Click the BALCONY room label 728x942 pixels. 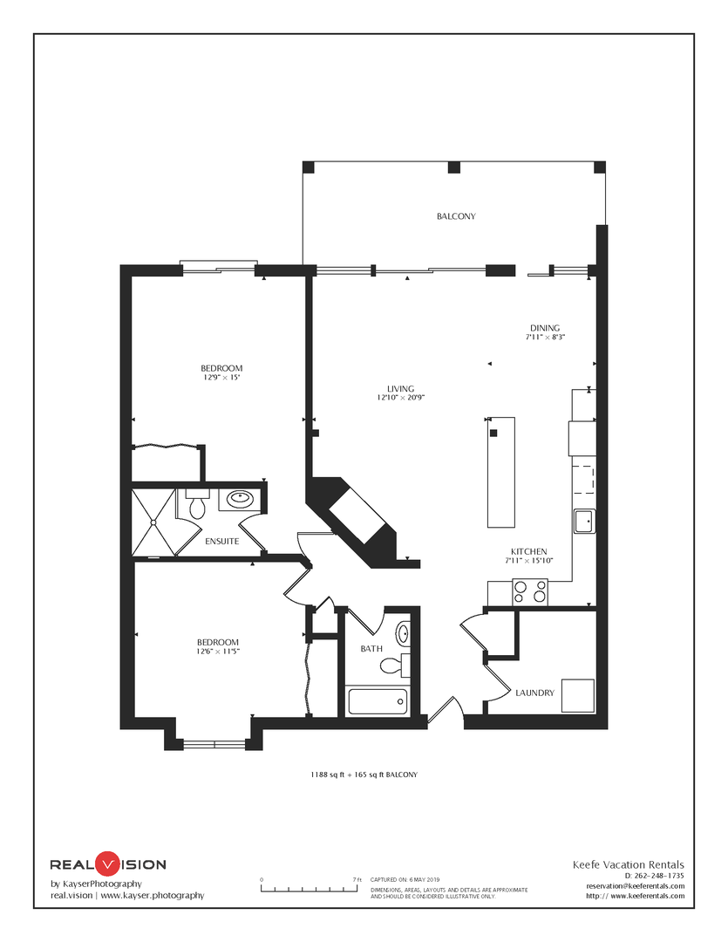point(456,216)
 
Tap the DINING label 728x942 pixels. point(545,328)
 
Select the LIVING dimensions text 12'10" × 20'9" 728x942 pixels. point(401,398)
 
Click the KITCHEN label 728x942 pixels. point(528,551)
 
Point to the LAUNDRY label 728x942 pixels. point(534,693)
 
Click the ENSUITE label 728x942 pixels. point(221,542)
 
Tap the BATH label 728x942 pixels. point(371,649)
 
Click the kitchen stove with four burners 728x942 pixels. point(530,592)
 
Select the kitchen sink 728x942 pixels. point(584,521)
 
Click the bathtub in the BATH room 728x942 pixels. point(378,701)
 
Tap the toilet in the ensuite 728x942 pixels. point(196,505)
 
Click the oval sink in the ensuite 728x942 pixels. point(241,498)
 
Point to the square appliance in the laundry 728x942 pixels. point(578,696)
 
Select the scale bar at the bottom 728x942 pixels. point(310,887)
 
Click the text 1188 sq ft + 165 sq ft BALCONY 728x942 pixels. point(364,775)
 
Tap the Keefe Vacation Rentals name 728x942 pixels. point(629,865)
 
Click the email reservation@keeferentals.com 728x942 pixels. point(636,886)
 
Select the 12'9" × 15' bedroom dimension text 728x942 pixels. point(221,378)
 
